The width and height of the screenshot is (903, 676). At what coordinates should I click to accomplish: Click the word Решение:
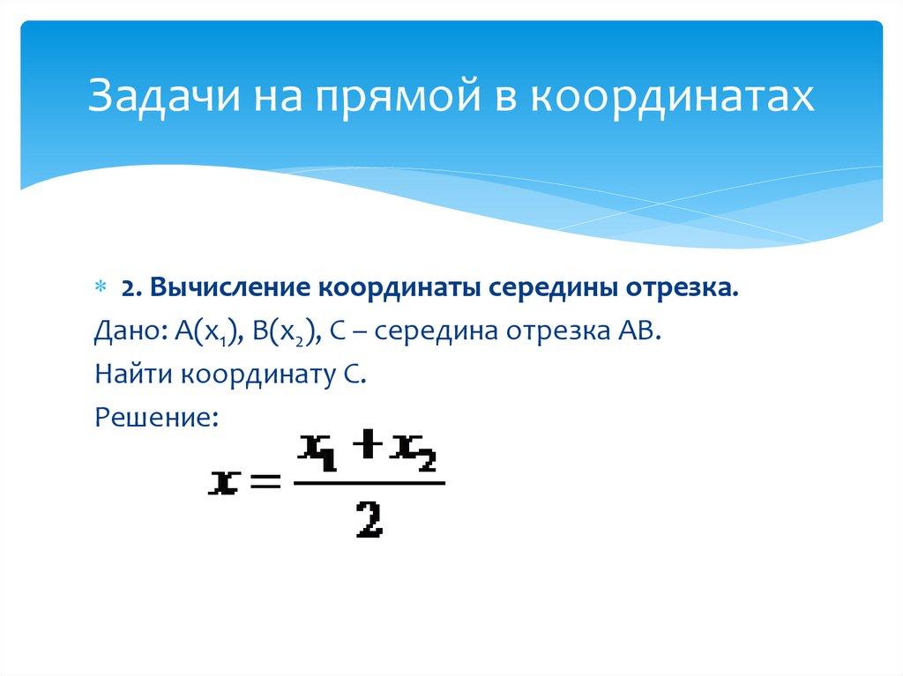154,419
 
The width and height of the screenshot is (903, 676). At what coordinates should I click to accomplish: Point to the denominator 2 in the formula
369,520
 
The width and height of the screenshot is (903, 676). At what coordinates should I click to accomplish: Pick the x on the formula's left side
224,483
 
